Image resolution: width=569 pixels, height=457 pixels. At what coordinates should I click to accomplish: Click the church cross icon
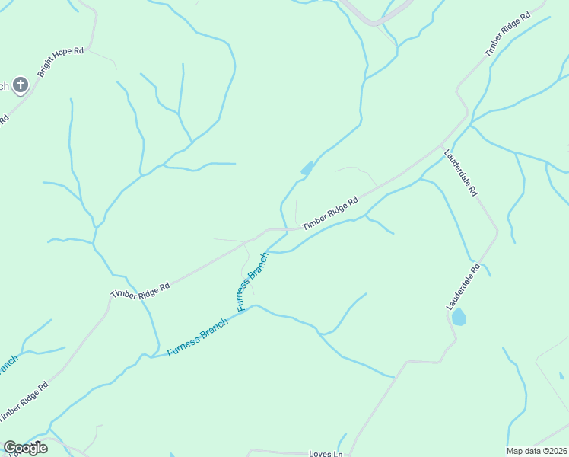[21, 85]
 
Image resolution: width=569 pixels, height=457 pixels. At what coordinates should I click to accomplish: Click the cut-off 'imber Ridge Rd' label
[24, 401]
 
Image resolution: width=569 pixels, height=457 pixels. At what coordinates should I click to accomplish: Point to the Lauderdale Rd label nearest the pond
[463, 286]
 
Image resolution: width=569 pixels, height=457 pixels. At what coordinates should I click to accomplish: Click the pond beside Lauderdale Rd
[459, 317]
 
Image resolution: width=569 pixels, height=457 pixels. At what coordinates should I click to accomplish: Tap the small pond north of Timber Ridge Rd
[307, 169]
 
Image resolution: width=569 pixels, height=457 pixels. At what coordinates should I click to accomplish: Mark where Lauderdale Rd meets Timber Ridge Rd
[443, 145]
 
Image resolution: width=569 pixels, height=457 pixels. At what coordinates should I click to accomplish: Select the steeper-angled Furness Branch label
[253, 282]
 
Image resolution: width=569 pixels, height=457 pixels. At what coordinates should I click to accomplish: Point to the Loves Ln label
[326, 454]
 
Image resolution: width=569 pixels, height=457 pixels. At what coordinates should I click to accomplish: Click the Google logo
[25, 448]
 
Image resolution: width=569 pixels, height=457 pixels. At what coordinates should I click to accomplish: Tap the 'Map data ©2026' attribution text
[536, 451]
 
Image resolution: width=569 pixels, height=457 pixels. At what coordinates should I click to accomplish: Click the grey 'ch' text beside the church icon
[4, 86]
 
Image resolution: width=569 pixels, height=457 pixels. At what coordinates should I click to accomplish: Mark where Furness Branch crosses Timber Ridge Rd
[284, 228]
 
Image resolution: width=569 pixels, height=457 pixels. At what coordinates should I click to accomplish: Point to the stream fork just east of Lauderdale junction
[471, 123]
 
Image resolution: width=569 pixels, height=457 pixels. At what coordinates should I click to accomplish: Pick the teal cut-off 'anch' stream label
[7, 365]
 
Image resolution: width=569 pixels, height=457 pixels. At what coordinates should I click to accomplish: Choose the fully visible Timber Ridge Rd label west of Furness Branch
[139, 290]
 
